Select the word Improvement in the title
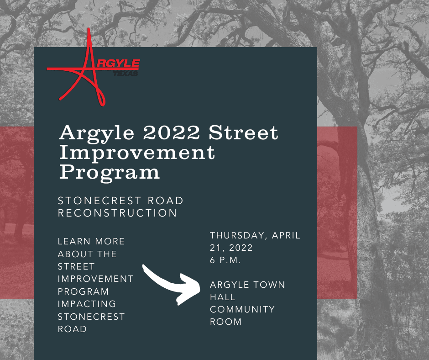tap(137, 153)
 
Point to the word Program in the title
tap(110, 172)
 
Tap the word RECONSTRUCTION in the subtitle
tap(117, 213)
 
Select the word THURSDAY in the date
tap(238, 236)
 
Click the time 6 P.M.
tap(225, 260)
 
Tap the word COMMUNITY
tap(242, 309)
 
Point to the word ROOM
tap(226, 322)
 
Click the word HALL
tap(223, 297)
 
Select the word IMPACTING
tap(87, 304)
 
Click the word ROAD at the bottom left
tap(72, 329)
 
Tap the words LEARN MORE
tap(91, 242)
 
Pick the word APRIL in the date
tap(286, 236)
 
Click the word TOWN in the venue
tap(268, 285)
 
